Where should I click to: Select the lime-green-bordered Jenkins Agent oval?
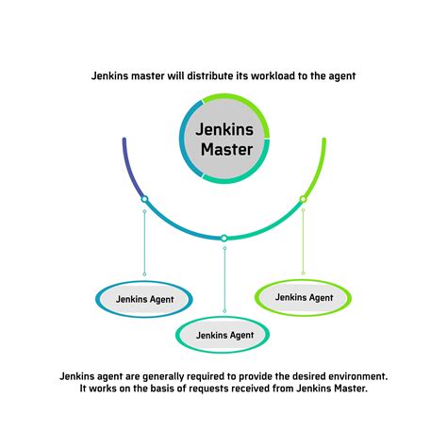pyautogui.click(x=303, y=297)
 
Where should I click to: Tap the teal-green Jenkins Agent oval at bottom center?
pyautogui.click(x=223, y=334)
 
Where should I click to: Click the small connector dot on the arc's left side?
pyautogui.click(x=144, y=199)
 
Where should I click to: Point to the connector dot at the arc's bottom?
pyautogui.click(x=223, y=238)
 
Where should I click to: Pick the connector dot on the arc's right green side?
pyautogui.click(x=303, y=199)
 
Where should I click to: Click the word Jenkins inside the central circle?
pyautogui.click(x=223, y=126)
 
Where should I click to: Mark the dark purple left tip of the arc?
pyautogui.click(x=124, y=142)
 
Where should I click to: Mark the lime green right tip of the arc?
pyautogui.click(x=323, y=142)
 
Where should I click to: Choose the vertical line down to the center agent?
pyautogui.click(x=223, y=278)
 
